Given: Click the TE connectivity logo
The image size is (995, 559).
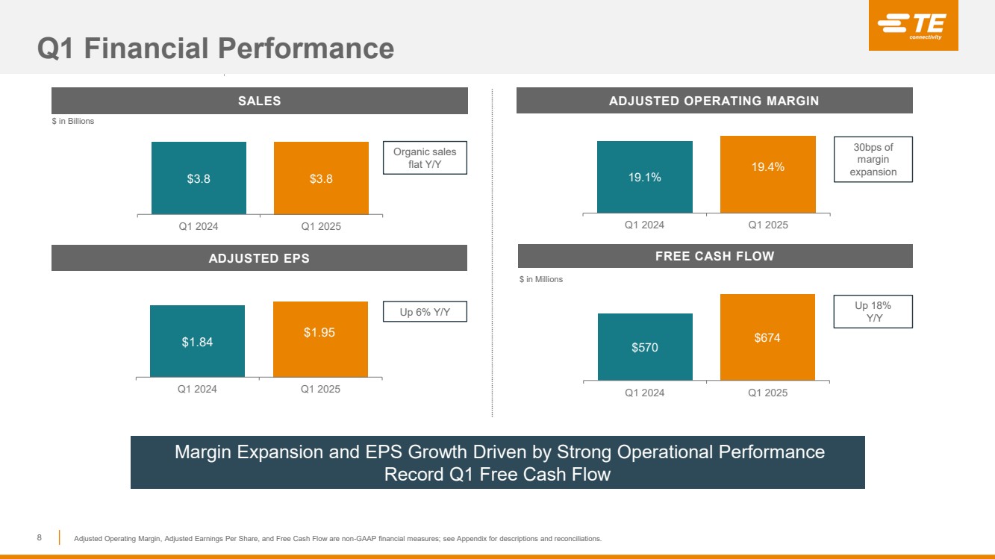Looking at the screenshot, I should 913,27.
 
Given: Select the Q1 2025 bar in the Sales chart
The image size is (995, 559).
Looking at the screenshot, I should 321,178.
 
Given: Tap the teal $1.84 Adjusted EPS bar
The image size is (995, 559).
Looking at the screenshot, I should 197,341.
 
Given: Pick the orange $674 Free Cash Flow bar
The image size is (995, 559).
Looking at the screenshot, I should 767,337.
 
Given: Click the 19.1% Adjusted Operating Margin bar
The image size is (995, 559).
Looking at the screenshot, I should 644,177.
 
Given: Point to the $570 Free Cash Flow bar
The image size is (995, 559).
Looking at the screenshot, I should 644,347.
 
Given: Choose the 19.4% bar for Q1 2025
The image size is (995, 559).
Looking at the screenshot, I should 767,175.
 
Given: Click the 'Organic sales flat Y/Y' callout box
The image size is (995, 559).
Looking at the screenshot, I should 425,158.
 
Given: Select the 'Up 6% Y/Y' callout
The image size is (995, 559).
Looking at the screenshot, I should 425,311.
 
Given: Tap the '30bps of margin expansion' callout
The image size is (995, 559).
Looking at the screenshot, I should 873,159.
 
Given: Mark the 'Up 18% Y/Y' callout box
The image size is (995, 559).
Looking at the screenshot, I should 873,310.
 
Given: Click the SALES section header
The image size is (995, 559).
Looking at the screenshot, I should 259,101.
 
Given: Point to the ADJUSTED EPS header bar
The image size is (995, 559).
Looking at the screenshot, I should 259,258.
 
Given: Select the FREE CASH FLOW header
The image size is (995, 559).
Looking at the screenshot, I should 714,256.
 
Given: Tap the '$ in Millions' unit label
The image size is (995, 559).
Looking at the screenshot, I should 540,279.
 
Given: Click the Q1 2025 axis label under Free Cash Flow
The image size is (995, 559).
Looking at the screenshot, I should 767,393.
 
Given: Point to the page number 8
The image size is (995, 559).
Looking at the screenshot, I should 40,537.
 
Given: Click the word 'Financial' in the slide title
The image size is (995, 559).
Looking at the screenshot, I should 149,49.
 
